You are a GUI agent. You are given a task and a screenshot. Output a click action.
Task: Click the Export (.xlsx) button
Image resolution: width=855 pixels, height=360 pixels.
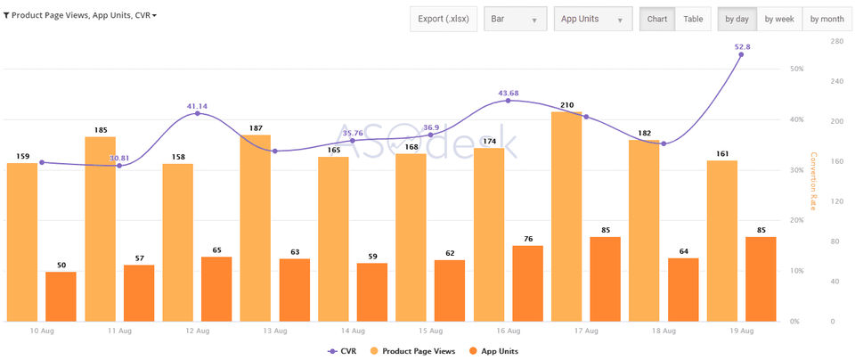444,19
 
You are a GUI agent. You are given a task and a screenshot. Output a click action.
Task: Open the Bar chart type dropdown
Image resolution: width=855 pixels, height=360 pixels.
515,19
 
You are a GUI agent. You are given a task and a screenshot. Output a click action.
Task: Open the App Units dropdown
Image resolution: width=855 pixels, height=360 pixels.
592,19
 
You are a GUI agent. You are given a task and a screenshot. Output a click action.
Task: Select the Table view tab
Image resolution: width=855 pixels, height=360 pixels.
692,19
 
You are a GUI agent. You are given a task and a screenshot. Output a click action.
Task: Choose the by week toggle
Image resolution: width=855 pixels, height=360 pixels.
778,19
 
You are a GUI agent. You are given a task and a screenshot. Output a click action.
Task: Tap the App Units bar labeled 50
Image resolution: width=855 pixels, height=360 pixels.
61,296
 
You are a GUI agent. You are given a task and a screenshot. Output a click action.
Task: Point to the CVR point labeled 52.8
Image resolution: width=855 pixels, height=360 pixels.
741,54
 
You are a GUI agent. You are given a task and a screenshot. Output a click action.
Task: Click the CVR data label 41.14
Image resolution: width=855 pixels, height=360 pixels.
197,106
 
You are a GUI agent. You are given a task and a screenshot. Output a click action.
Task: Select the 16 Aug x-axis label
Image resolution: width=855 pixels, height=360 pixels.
509,331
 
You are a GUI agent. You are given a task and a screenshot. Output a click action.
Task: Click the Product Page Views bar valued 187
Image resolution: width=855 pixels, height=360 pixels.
256,228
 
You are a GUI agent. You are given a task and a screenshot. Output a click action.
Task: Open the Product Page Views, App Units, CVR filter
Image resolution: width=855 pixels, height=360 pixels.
80,15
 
